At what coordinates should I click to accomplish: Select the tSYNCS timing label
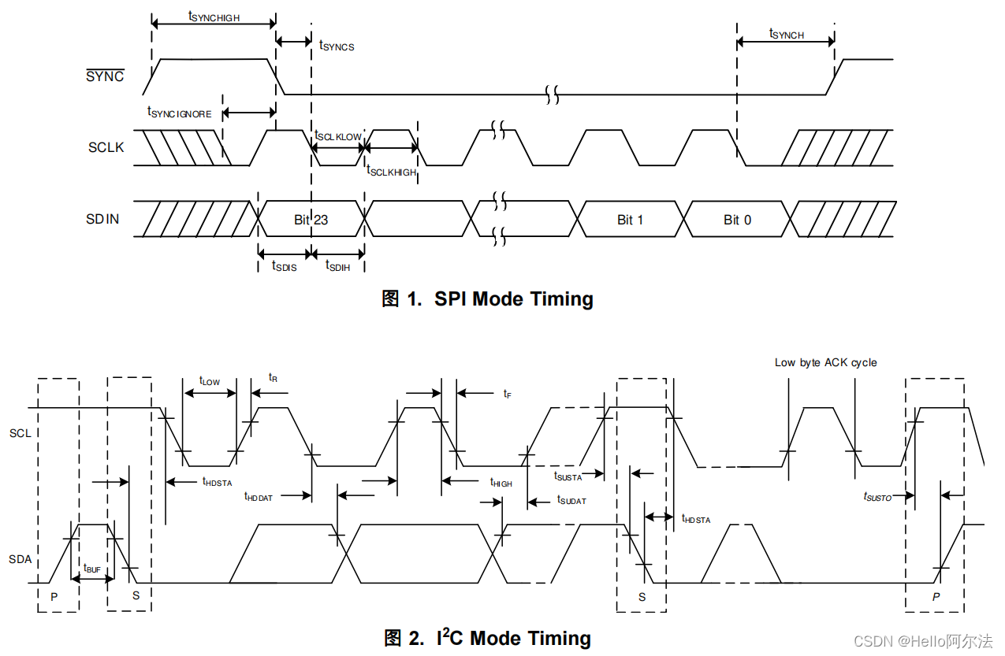point(337,46)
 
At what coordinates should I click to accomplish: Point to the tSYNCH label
point(786,34)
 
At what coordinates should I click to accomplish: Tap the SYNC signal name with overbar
point(105,76)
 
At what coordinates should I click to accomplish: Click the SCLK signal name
point(106,147)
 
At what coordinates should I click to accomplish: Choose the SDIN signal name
point(103,219)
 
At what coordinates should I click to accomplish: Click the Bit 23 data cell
point(311,220)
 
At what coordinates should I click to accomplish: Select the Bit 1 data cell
point(630,220)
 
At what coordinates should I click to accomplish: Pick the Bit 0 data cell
point(737,220)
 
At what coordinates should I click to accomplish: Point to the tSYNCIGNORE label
point(179,113)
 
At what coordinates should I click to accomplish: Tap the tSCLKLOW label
point(338,136)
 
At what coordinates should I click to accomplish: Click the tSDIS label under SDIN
point(284,266)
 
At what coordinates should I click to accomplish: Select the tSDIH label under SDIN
point(338,266)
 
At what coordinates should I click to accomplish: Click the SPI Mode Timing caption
point(487,299)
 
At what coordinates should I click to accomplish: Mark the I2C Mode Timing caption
point(487,638)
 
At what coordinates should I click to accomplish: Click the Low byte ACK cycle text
point(825,362)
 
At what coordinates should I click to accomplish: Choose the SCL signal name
point(20,433)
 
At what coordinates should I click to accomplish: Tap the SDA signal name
point(20,559)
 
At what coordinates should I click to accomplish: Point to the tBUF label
point(92,569)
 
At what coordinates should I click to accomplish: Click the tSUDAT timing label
point(571,500)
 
